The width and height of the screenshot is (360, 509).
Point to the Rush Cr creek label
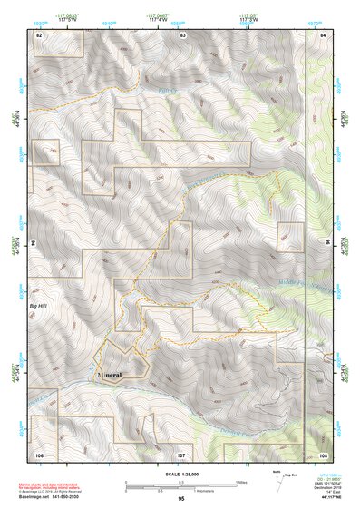(x=164, y=89)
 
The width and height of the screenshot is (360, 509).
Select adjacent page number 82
(x=39, y=34)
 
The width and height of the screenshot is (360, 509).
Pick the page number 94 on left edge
(x=33, y=243)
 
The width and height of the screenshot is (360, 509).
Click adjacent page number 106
(x=39, y=453)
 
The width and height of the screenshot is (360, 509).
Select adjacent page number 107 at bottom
(x=181, y=453)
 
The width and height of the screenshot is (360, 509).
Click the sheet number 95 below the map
(x=181, y=498)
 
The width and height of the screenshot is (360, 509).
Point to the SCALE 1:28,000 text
(x=181, y=472)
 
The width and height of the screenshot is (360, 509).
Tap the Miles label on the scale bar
(x=240, y=481)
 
